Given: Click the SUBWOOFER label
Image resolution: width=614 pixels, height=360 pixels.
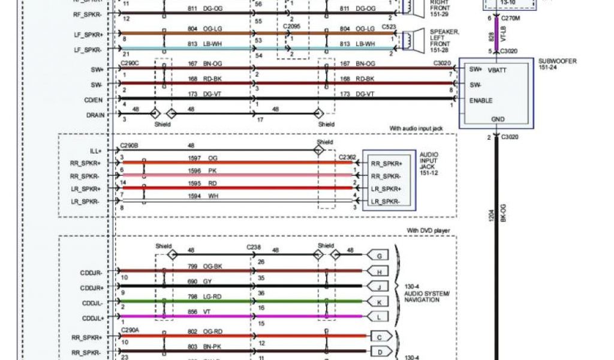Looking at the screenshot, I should tap(554, 61).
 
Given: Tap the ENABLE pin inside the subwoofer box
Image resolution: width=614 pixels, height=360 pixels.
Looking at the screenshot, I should tap(481, 100).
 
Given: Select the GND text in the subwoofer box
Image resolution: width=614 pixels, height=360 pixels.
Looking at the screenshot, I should tap(498, 119).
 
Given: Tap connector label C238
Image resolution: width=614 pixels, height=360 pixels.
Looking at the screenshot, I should tap(253, 247).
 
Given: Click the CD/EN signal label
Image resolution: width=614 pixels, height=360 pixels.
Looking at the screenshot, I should tap(93, 100).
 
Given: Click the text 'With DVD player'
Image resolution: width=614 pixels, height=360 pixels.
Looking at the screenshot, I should tap(428, 230).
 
